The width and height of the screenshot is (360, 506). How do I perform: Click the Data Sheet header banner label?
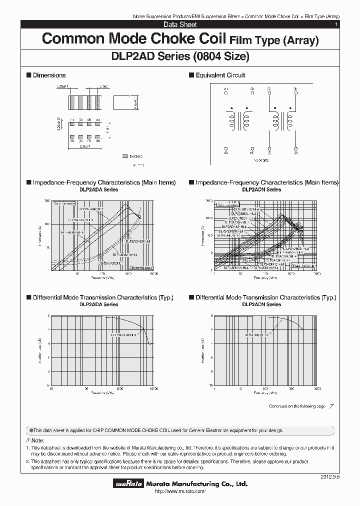[180, 24]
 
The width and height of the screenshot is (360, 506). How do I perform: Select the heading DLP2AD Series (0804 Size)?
[179, 56]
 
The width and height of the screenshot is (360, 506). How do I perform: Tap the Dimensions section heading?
[48, 75]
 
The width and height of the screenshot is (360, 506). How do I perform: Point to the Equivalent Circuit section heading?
[220, 75]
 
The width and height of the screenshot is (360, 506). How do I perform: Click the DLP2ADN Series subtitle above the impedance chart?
[262, 189]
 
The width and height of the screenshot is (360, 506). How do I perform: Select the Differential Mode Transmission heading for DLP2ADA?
[102, 297]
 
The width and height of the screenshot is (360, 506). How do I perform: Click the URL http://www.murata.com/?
[179, 492]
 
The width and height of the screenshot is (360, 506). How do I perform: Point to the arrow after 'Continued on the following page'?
[331, 406]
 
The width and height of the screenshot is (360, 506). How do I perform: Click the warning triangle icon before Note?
[27, 439]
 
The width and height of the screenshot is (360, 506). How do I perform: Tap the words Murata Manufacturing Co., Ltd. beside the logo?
[196, 483]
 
